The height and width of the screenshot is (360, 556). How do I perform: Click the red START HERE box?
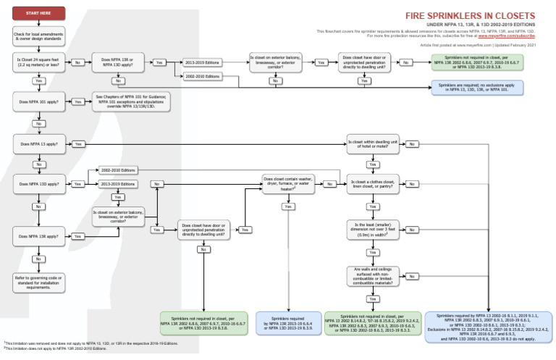(38, 13)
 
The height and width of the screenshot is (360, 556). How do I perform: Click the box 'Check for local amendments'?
(38, 36)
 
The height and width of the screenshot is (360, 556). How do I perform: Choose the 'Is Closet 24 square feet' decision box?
(38, 63)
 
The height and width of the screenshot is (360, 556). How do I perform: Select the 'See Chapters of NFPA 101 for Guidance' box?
(132, 102)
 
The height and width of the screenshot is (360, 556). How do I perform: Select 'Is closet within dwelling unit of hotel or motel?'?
(372, 144)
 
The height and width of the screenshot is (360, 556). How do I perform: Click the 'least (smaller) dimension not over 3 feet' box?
(372, 230)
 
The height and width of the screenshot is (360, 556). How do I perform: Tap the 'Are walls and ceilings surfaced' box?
(372, 276)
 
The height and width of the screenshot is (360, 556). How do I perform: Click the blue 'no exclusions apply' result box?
(477, 88)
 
